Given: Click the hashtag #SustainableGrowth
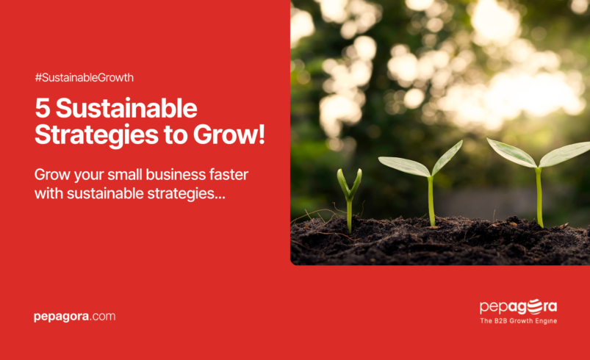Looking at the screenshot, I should [x=84, y=77].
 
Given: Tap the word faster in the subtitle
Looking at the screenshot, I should [x=223, y=176].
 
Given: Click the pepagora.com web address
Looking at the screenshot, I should [x=74, y=317].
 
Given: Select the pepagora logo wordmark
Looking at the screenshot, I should [x=518, y=306].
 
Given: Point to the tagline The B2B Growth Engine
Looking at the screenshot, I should [x=518, y=321].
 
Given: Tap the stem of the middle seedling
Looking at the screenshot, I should [x=431, y=202].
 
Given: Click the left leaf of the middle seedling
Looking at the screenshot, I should [x=404, y=166].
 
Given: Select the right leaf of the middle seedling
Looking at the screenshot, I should [x=447, y=156].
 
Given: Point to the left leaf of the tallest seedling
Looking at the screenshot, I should [x=511, y=152].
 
